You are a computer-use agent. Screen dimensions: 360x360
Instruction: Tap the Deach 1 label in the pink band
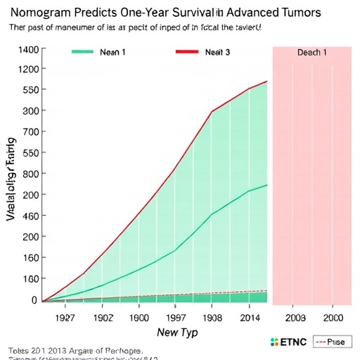pyautogui.click(x=311, y=53)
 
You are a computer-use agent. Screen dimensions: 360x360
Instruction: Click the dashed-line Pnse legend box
pyautogui.click(x=330, y=342)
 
